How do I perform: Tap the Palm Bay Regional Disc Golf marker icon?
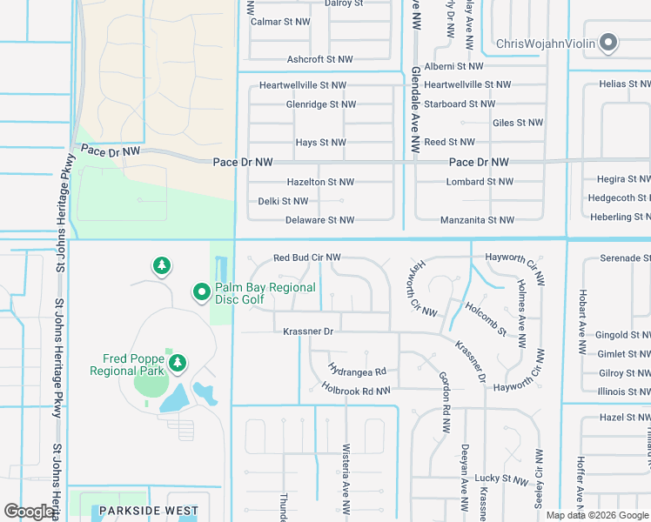point(201,291)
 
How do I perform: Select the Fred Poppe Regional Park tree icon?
point(178,363)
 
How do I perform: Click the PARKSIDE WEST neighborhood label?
point(148,511)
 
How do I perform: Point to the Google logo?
point(29,512)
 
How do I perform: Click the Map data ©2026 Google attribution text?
point(597,515)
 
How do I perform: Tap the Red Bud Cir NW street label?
point(306,258)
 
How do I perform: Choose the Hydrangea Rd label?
point(357,371)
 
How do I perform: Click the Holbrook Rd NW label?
point(355,391)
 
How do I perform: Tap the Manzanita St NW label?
point(477,221)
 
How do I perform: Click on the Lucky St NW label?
point(501,480)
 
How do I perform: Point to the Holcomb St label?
point(485,319)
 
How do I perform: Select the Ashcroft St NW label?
point(319,60)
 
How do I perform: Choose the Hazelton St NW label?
point(320,183)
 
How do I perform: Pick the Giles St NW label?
point(517,124)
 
